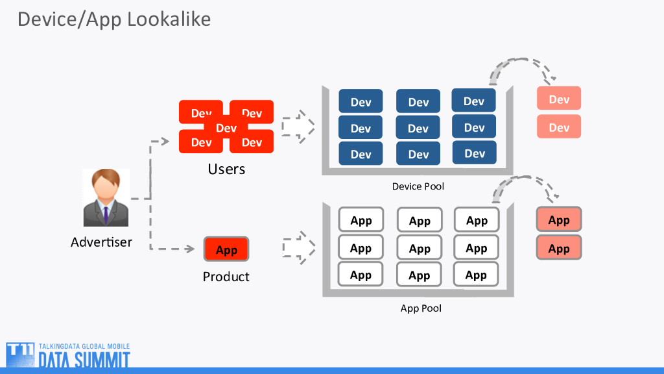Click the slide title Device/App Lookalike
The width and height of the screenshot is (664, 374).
click(114, 19)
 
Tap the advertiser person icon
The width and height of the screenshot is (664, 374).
click(106, 197)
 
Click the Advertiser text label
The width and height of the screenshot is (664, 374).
click(101, 242)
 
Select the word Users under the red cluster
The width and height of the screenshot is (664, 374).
click(226, 169)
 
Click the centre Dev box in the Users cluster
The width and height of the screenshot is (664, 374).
click(226, 128)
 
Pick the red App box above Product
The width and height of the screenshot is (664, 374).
click(226, 249)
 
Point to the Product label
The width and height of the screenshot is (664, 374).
click(226, 277)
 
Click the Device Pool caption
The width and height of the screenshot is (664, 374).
click(418, 186)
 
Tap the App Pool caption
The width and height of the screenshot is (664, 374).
click(421, 308)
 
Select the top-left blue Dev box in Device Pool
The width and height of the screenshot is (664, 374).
click(361, 102)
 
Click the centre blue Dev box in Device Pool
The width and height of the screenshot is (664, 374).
click(418, 128)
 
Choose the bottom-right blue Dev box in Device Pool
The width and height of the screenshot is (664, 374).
click(474, 153)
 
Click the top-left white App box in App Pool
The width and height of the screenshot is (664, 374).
click(361, 220)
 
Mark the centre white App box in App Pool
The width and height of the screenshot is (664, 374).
click(420, 248)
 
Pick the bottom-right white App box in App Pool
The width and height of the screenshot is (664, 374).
click(476, 275)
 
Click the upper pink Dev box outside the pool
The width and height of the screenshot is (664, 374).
click(559, 99)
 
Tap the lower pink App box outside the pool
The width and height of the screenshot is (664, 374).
click(559, 248)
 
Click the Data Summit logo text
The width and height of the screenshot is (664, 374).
click(84, 360)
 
